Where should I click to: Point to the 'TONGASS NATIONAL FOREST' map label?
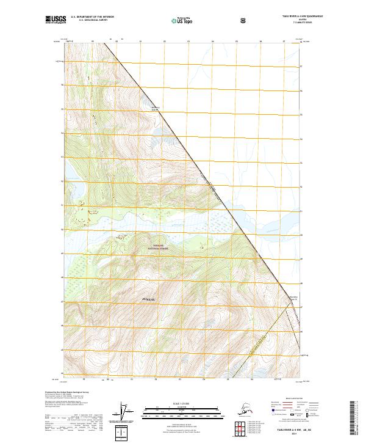157,249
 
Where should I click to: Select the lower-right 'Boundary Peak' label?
293,298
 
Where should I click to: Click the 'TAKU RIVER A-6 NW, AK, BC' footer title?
298,430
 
